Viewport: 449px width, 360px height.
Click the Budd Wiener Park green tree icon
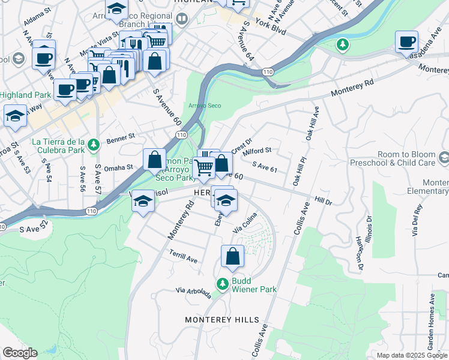click(x=222, y=283)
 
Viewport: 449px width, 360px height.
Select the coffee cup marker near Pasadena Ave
click(x=406, y=42)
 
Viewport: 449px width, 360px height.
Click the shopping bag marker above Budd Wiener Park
click(x=232, y=257)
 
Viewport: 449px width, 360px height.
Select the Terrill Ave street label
click(x=183, y=256)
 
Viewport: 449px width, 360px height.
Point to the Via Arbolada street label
click(x=193, y=292)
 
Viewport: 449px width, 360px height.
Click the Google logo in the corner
click(x=19, y=353)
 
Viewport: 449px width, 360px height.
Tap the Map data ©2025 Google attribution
click(x=412, y=355)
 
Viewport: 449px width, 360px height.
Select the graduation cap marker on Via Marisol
click(x=143, y=201)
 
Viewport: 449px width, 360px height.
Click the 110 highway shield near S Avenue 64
click(x=267, y=72)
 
